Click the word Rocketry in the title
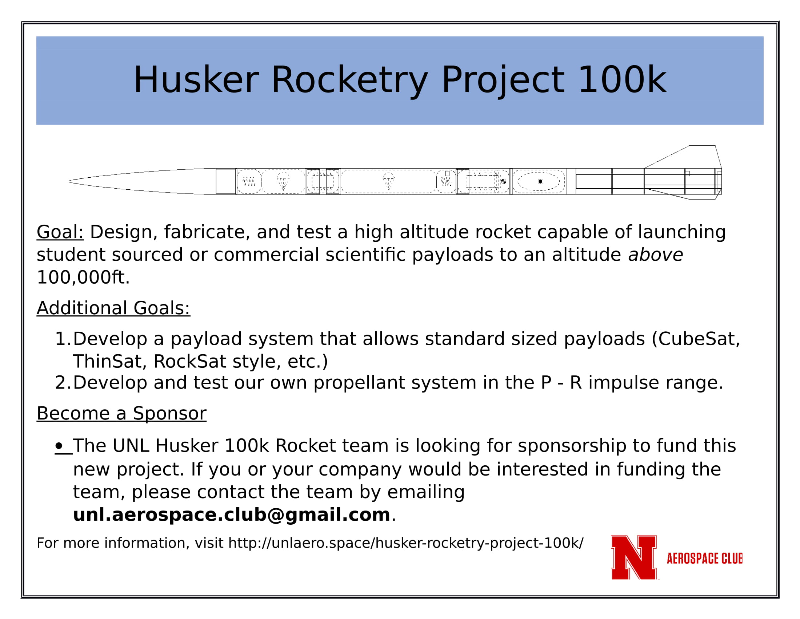[349, 80]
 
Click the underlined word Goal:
[60, 233]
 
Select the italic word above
[656, 255]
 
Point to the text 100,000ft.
[83, 277]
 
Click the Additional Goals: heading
[113, 308]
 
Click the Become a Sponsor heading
[121, 414]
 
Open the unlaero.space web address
[405, 544]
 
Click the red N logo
[634, 558]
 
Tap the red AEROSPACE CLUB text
[705, 558]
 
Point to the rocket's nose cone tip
[69, 181]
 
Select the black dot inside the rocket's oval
[540, 182]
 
